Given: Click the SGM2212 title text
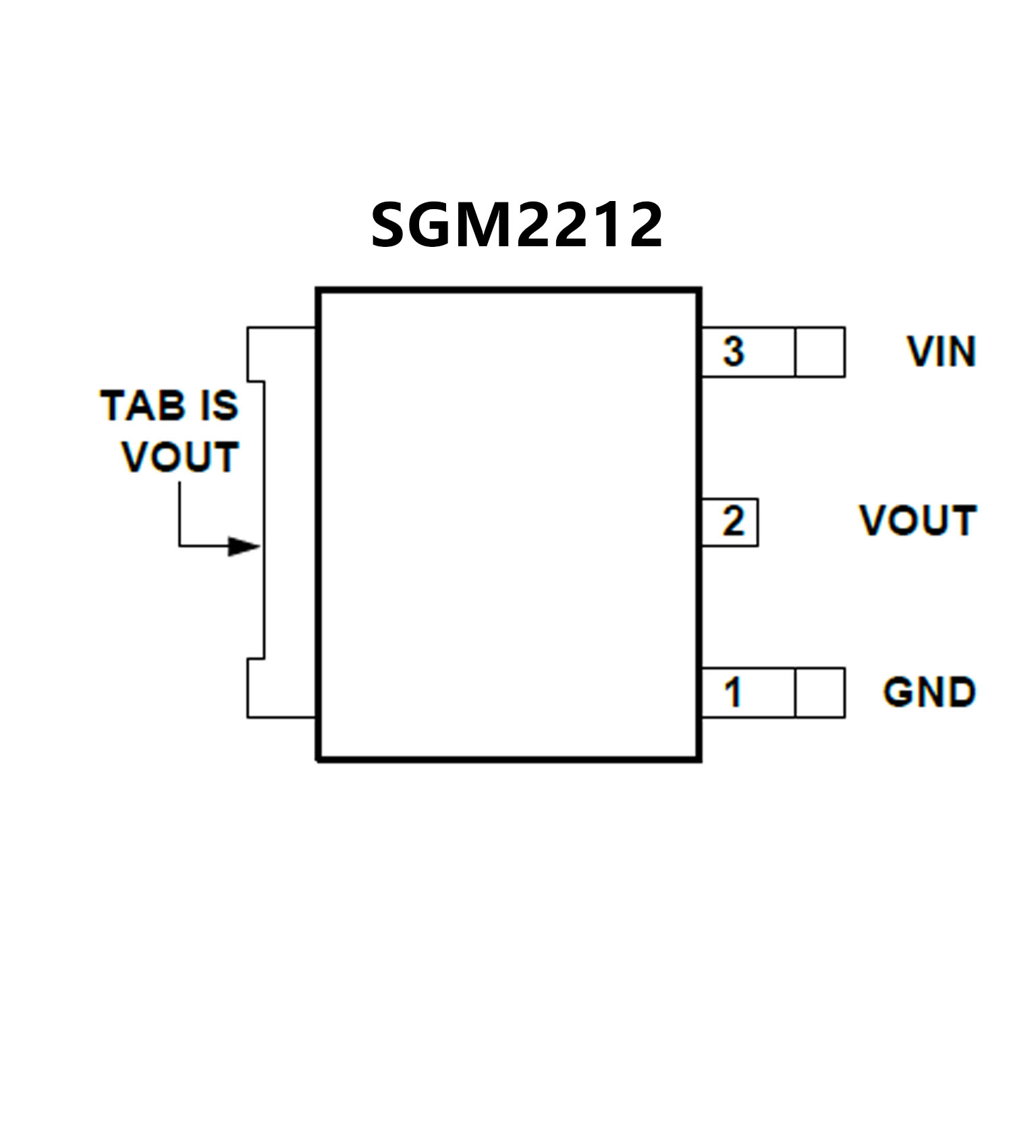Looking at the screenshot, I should pyautogui.click(x=516, y=225).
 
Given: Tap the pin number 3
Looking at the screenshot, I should pyautogui.click(x=733, y=351).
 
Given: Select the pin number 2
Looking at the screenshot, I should pyautogui.click(x=733, y=521).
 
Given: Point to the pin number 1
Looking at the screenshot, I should pyautogui.click(x=733, y=692).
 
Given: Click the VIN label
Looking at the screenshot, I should pyautogui.click(x=942, y=352).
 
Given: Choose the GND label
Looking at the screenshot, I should pyautogui.click(x=929, y=692).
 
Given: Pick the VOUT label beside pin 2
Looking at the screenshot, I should pyautogui.click(x=918, y=521).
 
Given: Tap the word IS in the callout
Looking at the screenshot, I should pyautogui.click(x=219, y=406).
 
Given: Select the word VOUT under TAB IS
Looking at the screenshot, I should pyautogui.click(x=180, y=457).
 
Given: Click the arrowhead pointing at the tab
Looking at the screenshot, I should pyautogui.click(x=244, y=546).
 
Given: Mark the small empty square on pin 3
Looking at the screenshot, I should pyautogui.click(x=820, y=352).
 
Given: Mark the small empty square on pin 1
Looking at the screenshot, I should pyautogui.click(x=820, y=693).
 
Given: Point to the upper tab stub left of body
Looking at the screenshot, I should pyautogui.click(x=281, y=353).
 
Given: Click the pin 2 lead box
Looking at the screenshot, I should pyautogui.click(x=730, y=522).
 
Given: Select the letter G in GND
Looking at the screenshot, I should pyautogui.click(x=898, y=692).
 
